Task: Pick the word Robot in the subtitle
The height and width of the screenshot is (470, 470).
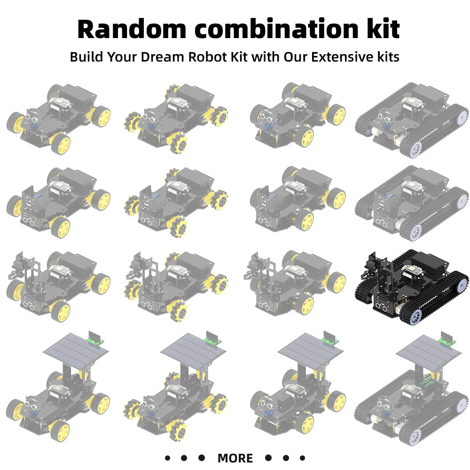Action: pos(207,57)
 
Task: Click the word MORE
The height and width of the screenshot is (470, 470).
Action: pos(235,458)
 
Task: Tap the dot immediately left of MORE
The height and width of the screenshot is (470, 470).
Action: pos(202,458)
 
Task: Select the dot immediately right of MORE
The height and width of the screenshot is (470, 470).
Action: pos(268,458)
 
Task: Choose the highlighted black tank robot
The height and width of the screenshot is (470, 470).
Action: pos(411,287)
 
